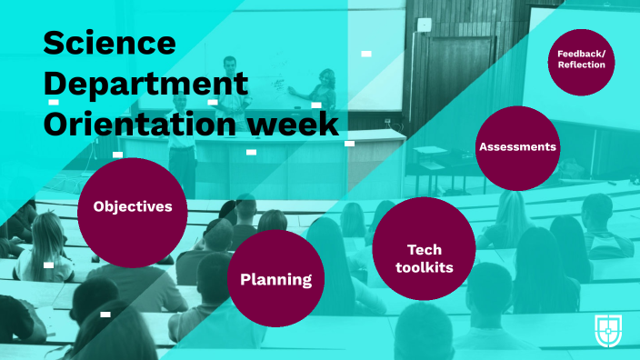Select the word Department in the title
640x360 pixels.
point(145,83)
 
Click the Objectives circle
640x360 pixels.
point(133,207)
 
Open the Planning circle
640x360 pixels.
point(275,278)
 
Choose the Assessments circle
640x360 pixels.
point(517,147)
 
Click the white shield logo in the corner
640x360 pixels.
point(608,330)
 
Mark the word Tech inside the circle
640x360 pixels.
point(424,248)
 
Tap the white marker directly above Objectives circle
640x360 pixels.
point(117,155)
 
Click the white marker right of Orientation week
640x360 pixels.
point(349,143)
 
